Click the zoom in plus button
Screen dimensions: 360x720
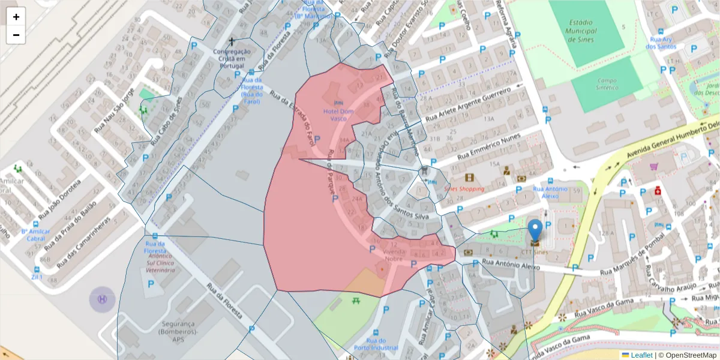click(16, 17)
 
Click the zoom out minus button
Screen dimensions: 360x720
click(16, 35)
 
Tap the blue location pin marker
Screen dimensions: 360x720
click(535, 230)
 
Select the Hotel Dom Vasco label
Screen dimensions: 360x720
click(339, 115)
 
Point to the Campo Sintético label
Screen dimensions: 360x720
click(607, 84)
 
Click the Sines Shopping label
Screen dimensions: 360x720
click(464, 188)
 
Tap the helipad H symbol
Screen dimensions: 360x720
click(102, 299)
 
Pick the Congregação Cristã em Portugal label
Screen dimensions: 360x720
click(232, 59)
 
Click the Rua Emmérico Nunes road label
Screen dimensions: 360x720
click(489, 147)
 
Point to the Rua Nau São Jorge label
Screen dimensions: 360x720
click(113, 110)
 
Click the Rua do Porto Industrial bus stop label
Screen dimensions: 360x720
click(376, 344)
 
